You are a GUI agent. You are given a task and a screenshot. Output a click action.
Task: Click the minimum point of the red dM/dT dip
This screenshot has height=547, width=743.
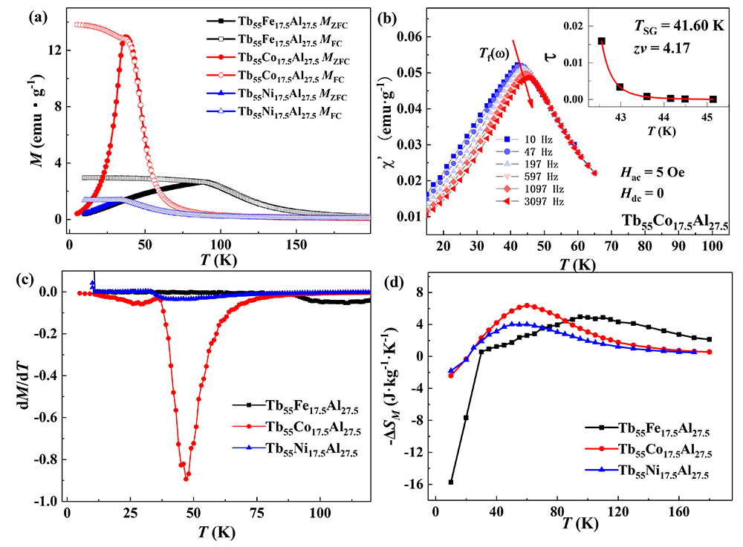pyautogui.click(x=186, y=479)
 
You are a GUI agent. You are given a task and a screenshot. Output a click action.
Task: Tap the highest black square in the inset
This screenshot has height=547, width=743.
pyautogui.click(x=601, y=42)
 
